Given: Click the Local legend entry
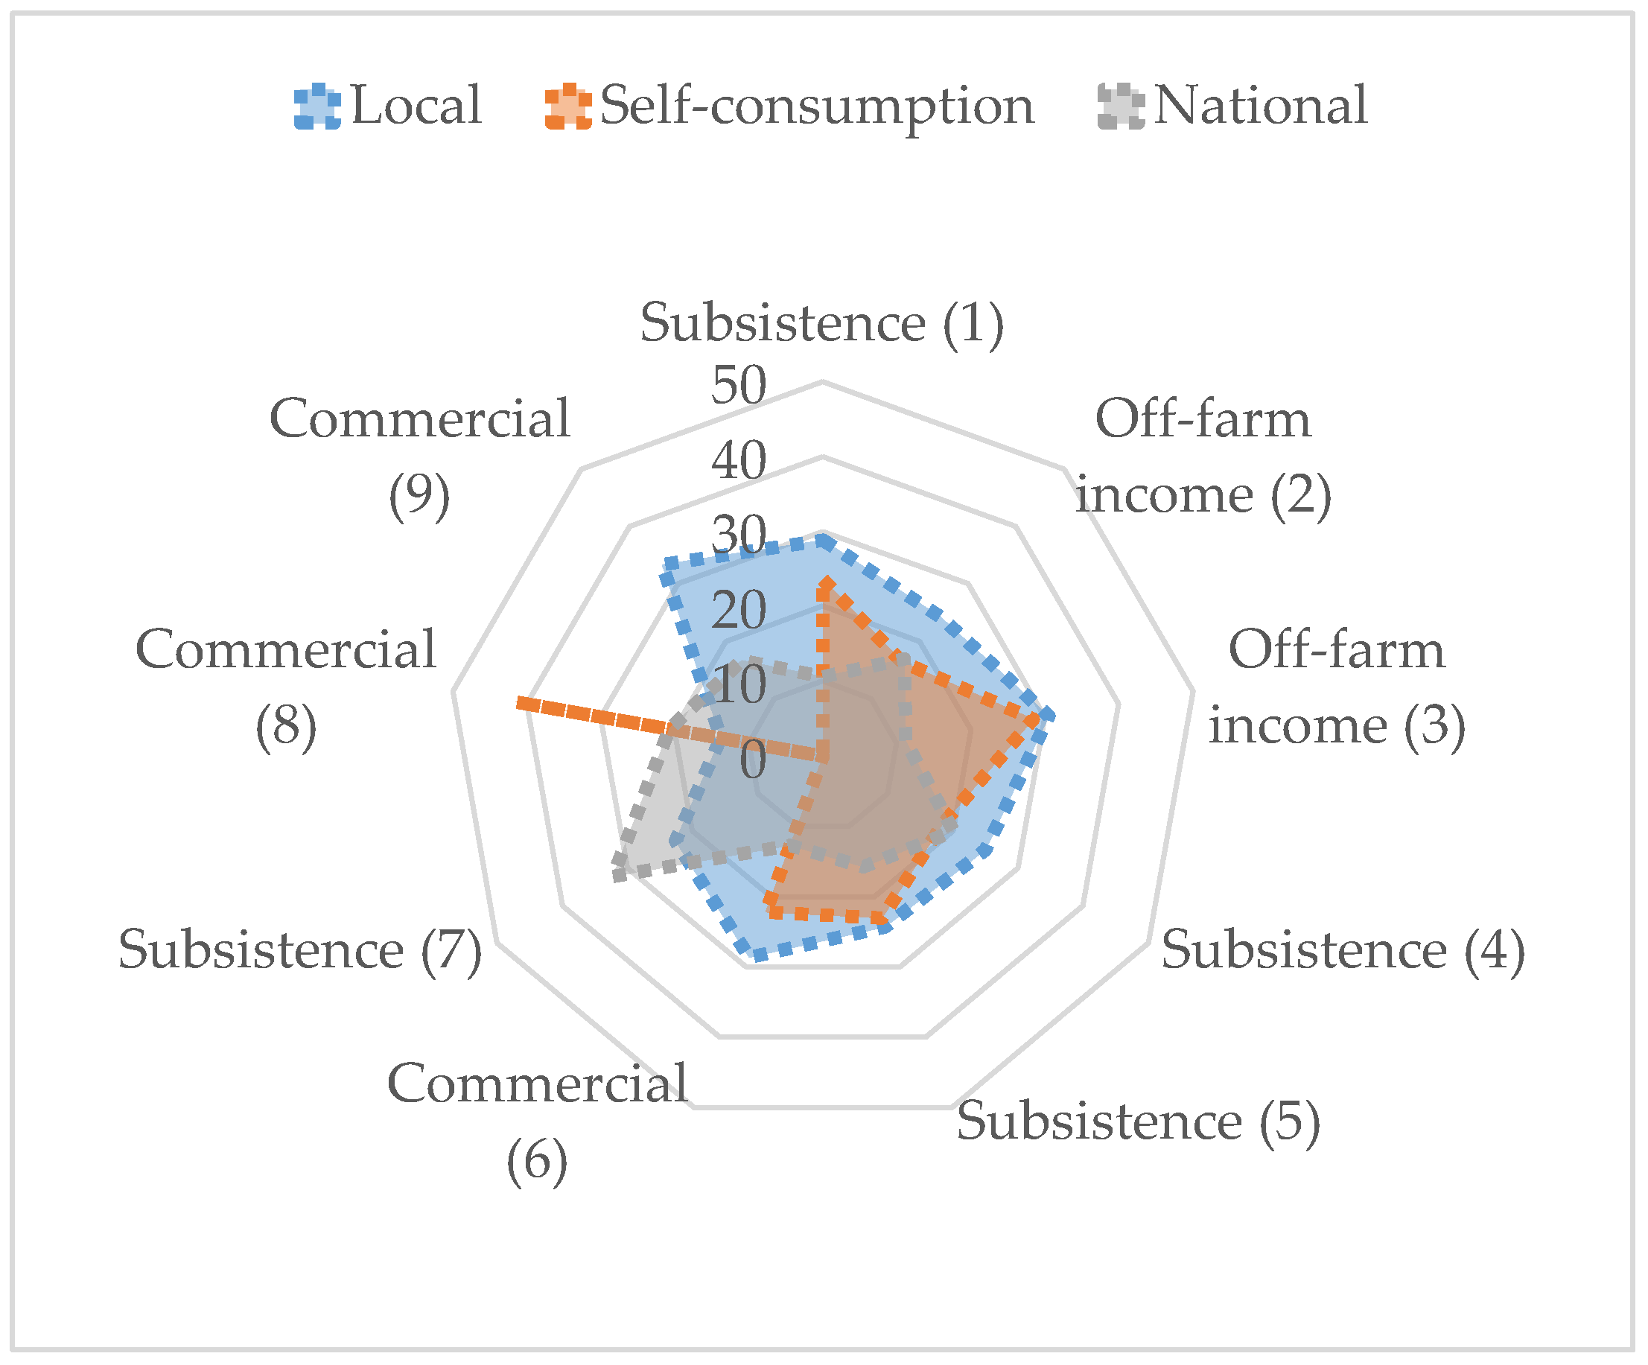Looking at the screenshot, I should (388, 105).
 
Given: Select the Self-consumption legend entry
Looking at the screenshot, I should (789, 105).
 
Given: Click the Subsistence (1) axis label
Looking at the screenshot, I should (821, 322).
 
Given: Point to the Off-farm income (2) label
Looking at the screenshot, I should (1203, 456).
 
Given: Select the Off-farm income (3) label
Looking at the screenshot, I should (1337, 687).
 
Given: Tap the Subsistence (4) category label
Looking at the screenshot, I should (1343, 949).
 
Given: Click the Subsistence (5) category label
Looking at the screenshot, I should (1138, 1121).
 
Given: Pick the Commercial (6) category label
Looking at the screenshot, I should (538, 1121).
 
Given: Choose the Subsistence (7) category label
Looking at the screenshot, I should (300, 949).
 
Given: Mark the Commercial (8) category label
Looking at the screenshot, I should (286, 687).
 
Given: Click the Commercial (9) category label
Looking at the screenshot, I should (419, 456).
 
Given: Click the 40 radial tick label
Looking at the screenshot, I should (739, 460).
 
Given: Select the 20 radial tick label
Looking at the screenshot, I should (739, 610).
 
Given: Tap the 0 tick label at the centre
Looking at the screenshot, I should (753, 760).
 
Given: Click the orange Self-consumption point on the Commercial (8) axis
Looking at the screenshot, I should (520, 702).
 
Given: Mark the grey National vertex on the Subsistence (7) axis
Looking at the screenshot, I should (617, 874).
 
